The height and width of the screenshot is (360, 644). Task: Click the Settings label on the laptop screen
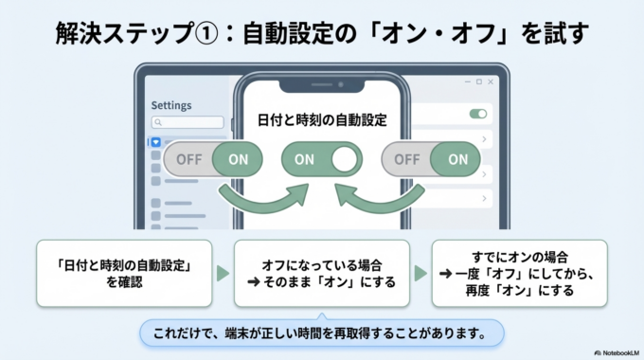tap(170, 105)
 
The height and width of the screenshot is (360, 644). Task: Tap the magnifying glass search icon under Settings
tap(158, 122)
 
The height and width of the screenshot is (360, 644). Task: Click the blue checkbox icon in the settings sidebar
tap(156, 142)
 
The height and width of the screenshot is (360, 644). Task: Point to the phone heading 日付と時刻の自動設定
tap(322, 120)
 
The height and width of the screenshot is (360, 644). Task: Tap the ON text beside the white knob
tap(304, 159)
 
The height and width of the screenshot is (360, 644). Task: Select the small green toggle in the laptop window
tap(478, 114)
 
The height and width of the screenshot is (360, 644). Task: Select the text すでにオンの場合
tap(521, 255)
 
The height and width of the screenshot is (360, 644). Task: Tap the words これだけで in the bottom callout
tap(180, 333)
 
